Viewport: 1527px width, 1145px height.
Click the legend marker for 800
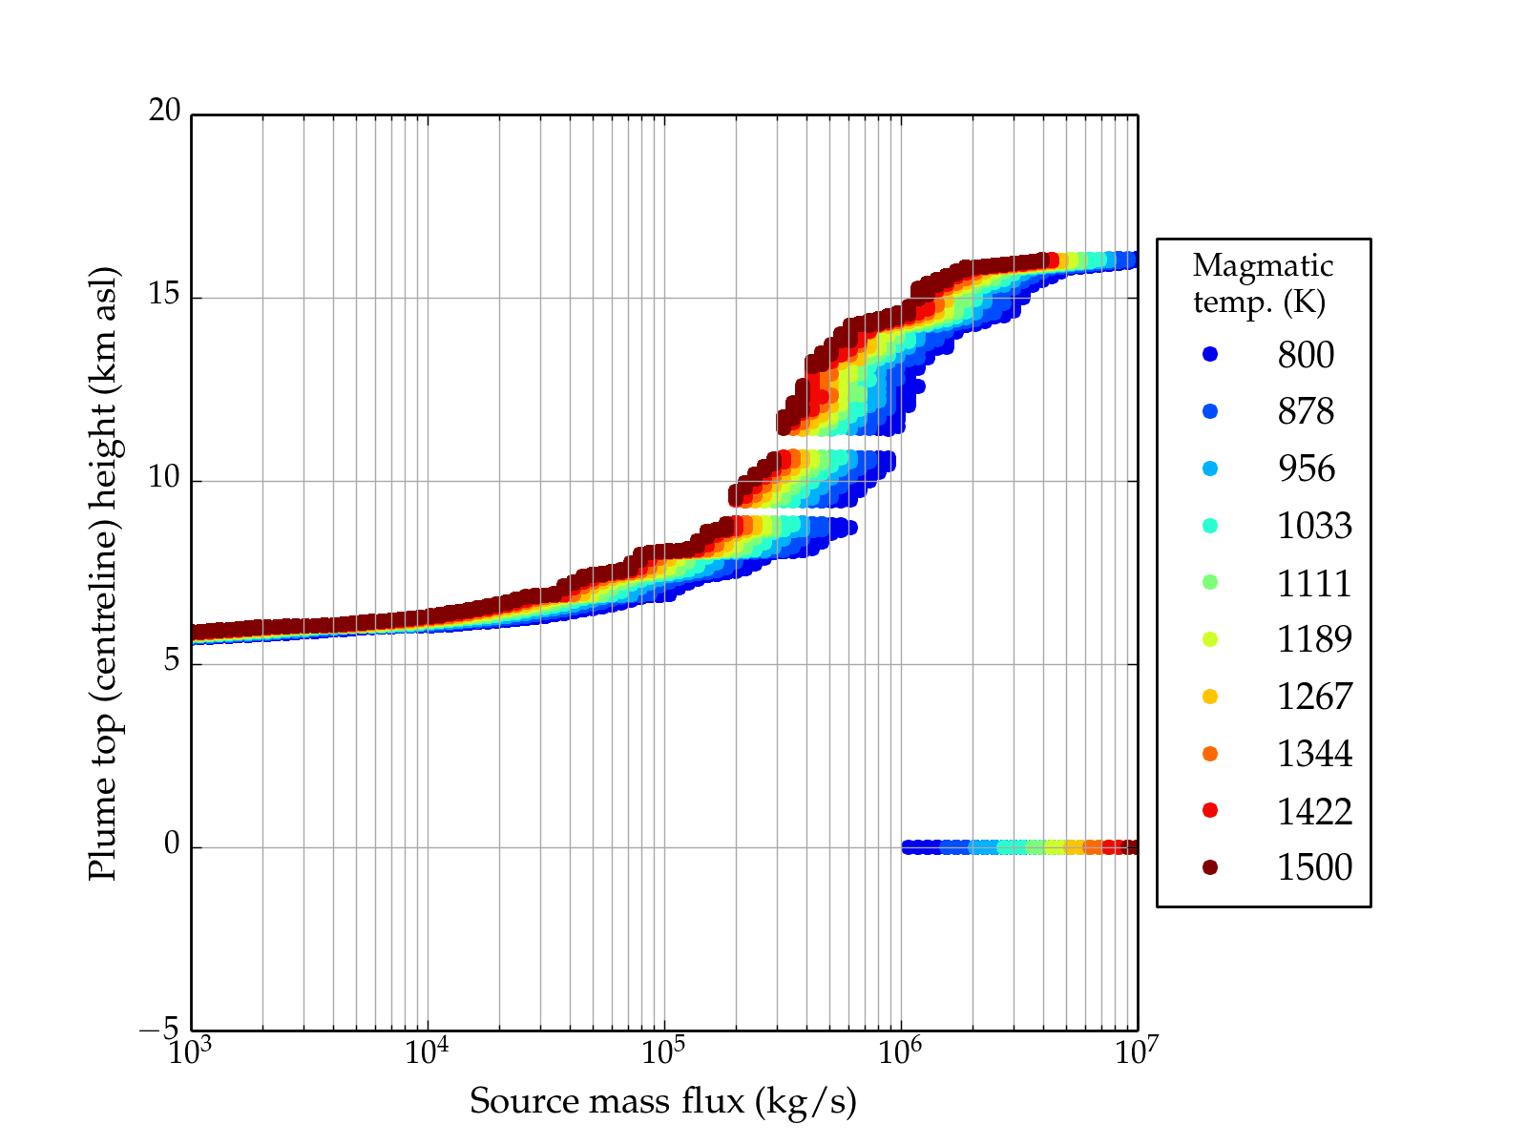click(x=1210, y=355)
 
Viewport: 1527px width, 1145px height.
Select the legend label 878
click(x=1306, y=411)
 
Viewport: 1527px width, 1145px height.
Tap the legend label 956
click(x=1306, y=468)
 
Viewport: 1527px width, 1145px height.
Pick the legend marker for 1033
click(x=1210, y=526)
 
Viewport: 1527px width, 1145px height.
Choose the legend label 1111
click(x=1314, y=583)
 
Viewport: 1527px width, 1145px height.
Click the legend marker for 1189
click(x=1210, y=639)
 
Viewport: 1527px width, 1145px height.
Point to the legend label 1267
click(x=1314, y=697)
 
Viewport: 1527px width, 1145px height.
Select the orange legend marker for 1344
click(x=1210, y=754)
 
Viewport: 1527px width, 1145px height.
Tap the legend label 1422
click(x=1314, y=811)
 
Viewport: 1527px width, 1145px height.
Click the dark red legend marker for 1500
click(x=1210, y=866)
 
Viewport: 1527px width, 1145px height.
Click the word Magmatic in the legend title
click(x=1263, y=266)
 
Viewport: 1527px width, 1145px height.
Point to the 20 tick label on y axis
click(x=164, y=112)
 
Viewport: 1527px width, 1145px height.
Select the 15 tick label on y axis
click(x=164, y=295)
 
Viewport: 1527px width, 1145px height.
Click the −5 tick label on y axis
click(x=159, y=1030)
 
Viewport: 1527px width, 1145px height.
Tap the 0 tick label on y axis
click(x=172, y=844)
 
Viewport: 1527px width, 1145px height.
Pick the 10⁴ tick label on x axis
click(x=427, y=1051)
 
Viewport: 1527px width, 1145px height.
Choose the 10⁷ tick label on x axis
click(x=1137, y=1051)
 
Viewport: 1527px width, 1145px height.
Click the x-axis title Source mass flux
click(x=663, y=1101)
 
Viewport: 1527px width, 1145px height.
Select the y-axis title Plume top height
click(x=102, y=572)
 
